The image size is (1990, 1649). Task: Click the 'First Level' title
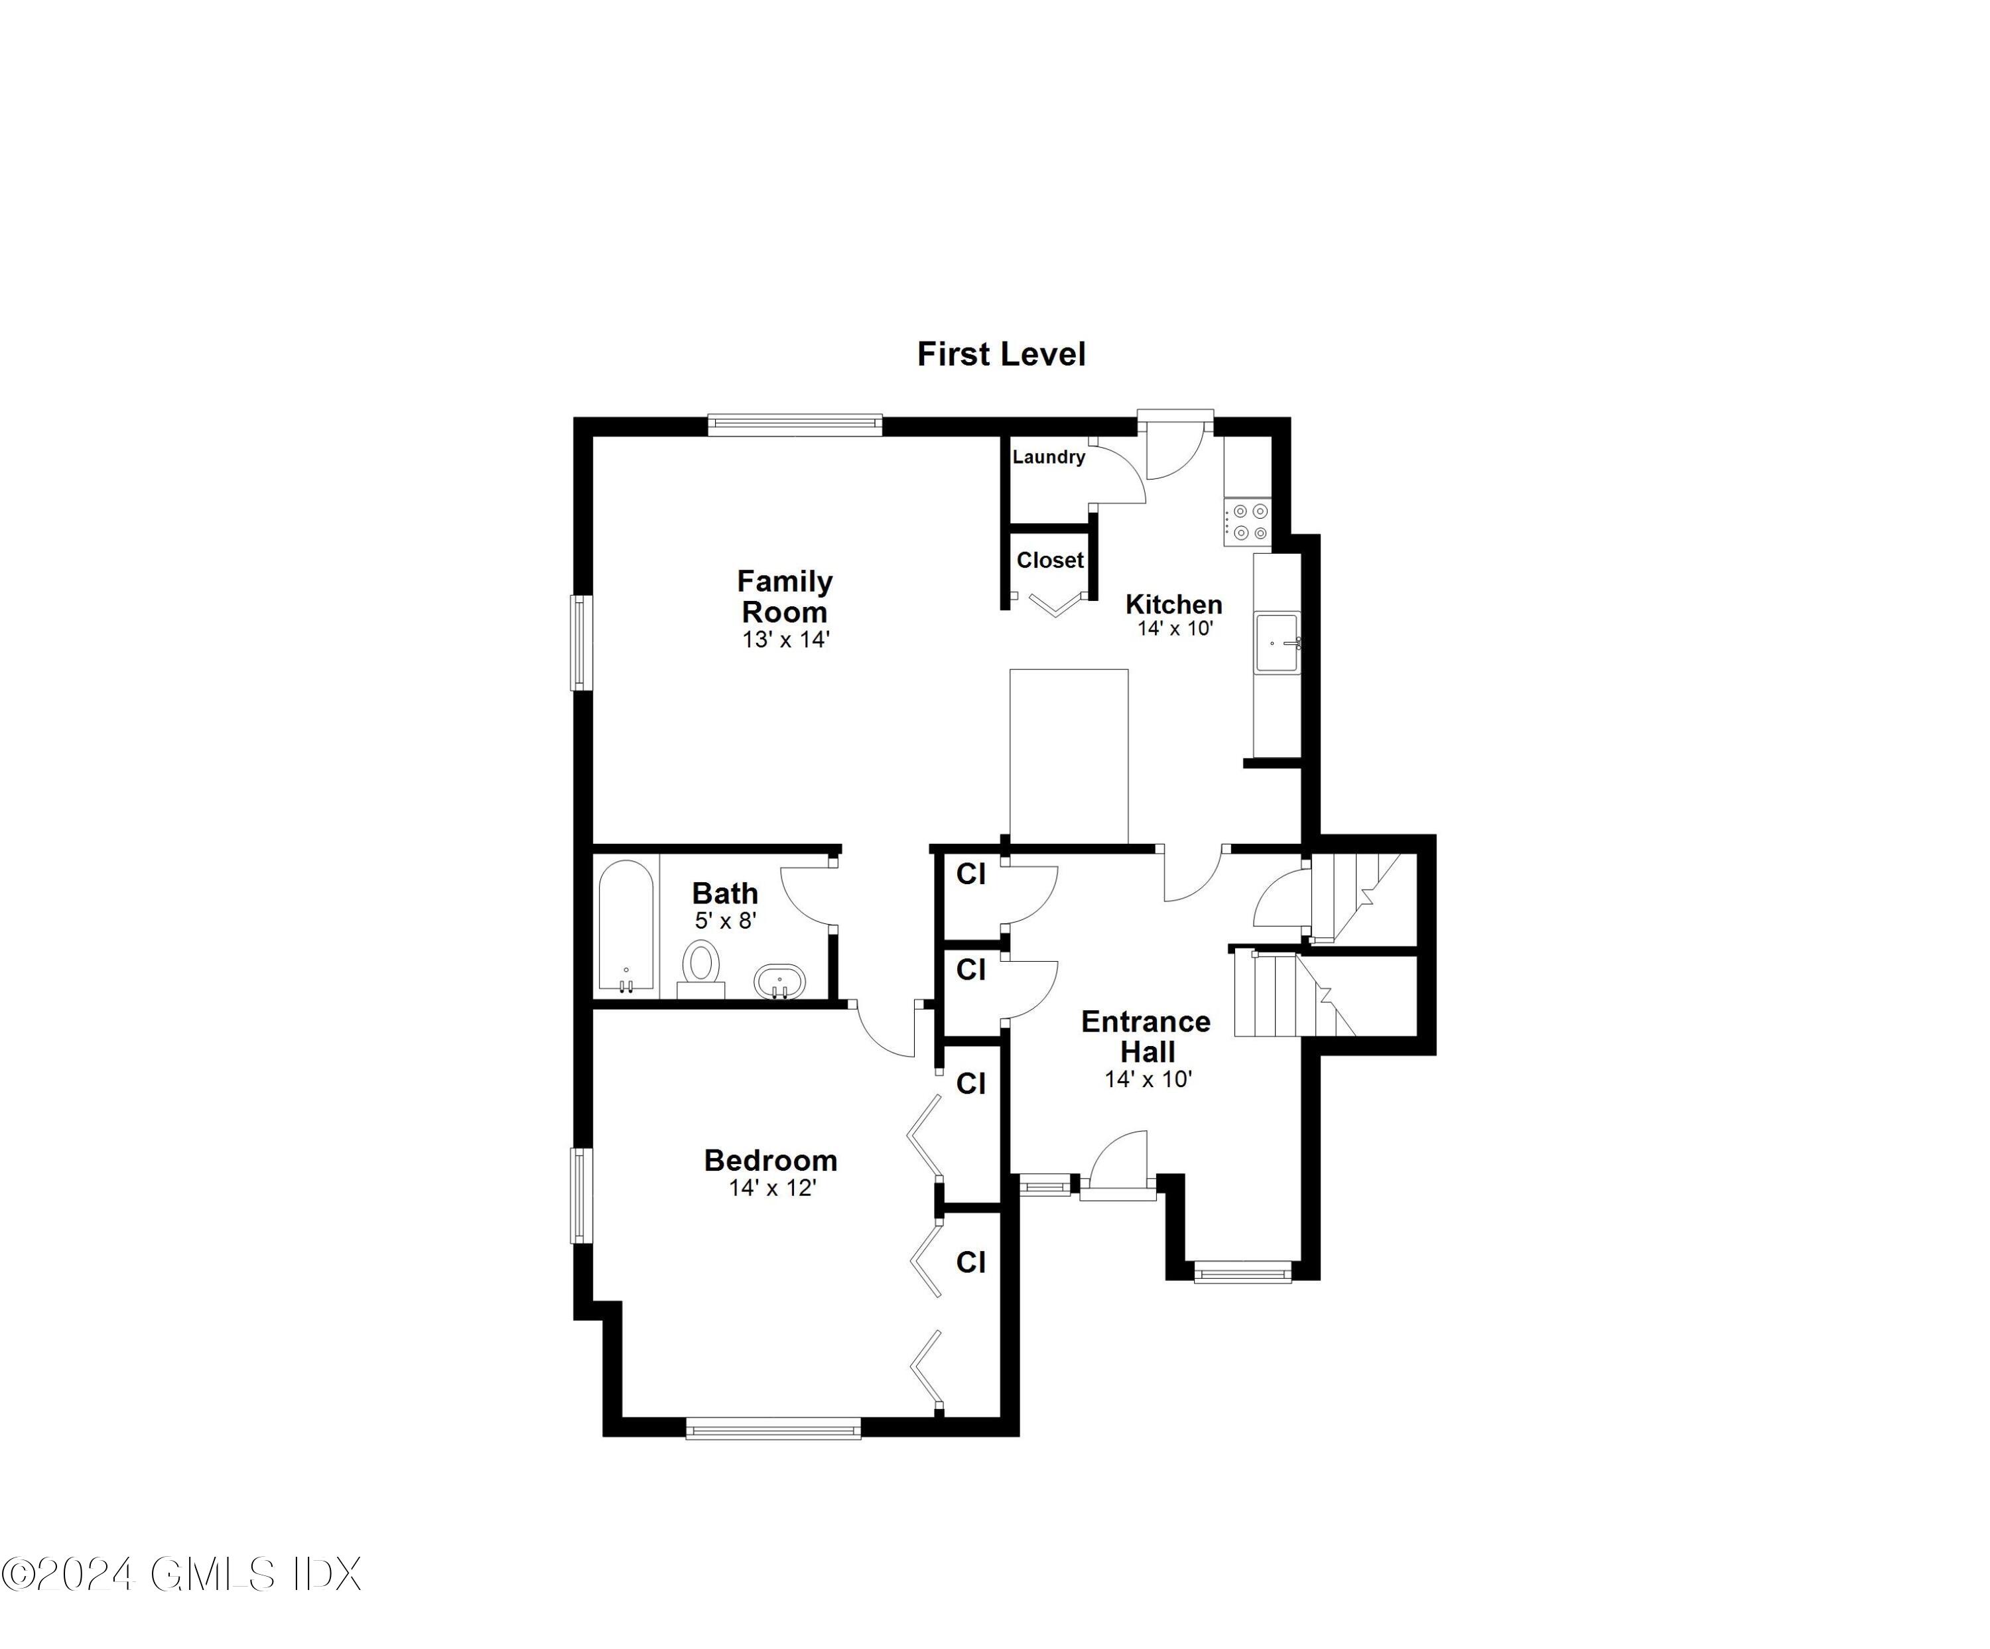[x=1001, y=354]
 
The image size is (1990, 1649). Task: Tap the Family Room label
[x=785, y=596]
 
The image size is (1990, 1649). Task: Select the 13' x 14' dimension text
[x=785, y=639]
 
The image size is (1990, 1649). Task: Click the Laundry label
[x=1048, y=457]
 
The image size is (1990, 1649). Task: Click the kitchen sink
[x=1276, y=643]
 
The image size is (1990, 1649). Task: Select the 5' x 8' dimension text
[x=726, y=920]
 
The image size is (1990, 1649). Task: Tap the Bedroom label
[x=770, y=1160]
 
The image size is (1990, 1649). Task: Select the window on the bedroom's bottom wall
[x=773, y=1427]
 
